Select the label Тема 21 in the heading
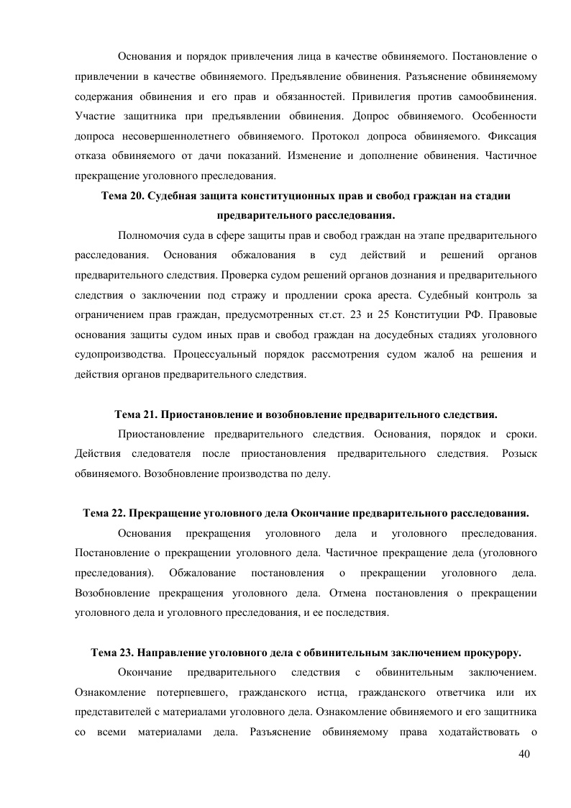click(x=137, y=415)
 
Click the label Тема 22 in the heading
click(x=104, y=513)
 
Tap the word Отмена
click(x=350, y=594)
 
